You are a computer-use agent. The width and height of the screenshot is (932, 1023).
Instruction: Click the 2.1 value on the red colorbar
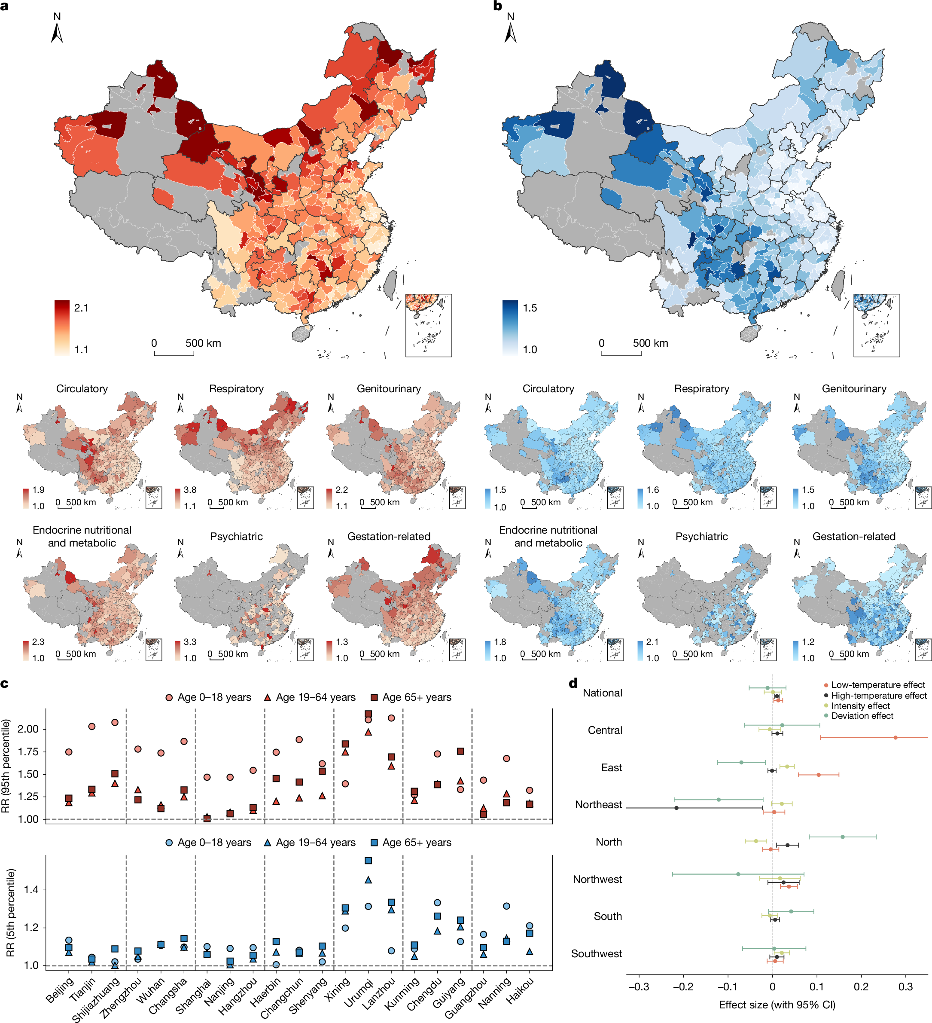coord(81,308)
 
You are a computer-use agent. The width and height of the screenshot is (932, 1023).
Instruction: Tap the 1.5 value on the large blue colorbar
coord(530,308)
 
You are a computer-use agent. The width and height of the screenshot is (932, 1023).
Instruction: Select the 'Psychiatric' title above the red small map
coord(236,536)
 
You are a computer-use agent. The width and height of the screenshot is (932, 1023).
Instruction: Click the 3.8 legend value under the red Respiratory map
coord(190,490)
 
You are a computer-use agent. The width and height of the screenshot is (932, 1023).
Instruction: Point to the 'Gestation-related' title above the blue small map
coord(854,536)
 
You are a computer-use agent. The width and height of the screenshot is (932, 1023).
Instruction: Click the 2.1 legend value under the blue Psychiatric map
coord(652,642)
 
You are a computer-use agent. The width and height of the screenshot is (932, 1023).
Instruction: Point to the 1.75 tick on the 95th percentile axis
coord(28,751)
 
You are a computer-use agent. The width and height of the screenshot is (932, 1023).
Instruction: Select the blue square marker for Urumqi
coord(369,861)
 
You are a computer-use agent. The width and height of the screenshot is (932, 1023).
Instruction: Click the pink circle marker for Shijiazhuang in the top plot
coord(115,722)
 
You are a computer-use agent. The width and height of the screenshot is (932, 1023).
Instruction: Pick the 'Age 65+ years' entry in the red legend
coord(416,697)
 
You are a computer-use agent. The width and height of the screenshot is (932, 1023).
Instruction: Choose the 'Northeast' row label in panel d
coord(598,804)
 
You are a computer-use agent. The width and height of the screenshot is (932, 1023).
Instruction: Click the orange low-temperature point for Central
coord(895,737)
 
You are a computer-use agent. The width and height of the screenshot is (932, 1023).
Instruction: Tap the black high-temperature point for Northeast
coord(676,807)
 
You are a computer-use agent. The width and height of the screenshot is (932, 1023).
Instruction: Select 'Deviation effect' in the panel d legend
coord(862,715)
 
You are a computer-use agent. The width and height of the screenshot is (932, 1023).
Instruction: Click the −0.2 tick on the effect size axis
coord(683,986)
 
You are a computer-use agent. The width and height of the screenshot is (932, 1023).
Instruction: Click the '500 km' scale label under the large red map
coord(203,343)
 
